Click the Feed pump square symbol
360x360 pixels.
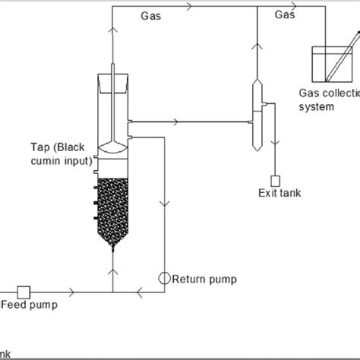(23, 292)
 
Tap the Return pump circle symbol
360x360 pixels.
(164, 278)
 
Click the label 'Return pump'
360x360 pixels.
(204, 279)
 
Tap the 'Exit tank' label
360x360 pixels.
(279, 194)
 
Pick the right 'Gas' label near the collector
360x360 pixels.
(286, 14)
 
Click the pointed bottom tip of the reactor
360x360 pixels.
(112, 248)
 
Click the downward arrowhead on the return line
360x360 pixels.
(164, 205)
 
